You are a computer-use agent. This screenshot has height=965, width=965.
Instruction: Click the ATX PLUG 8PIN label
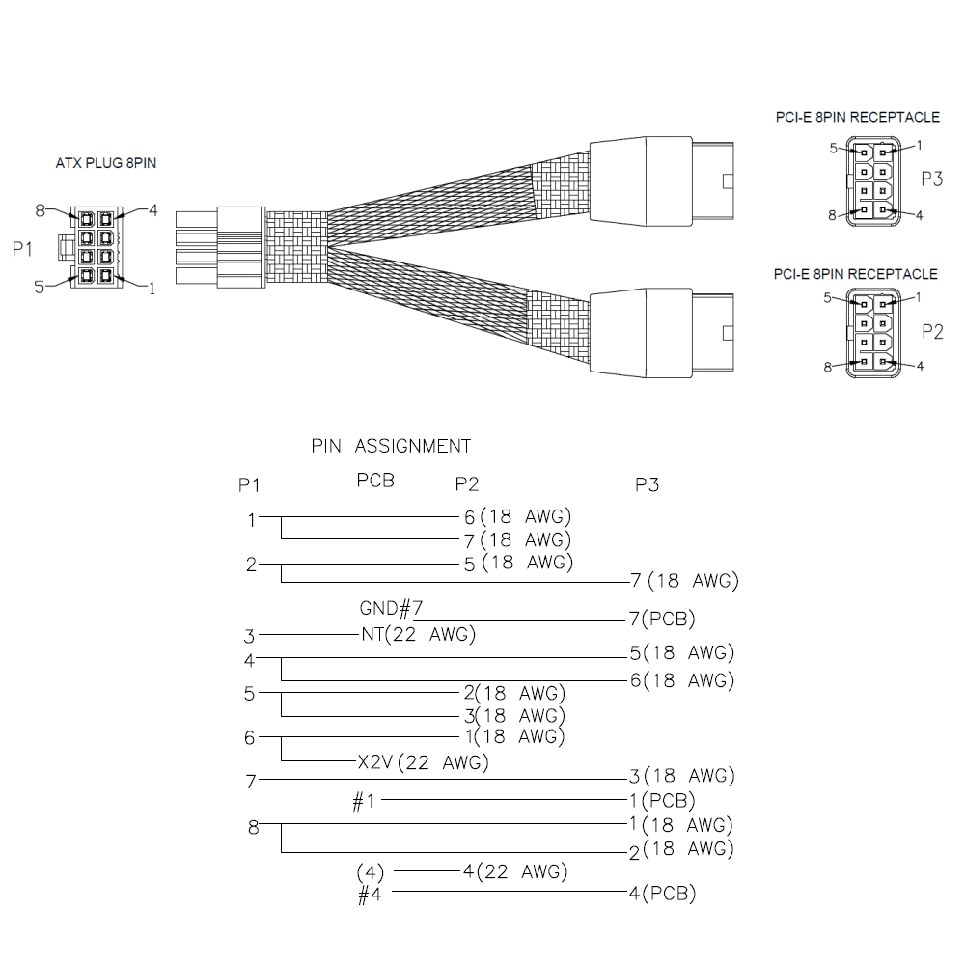[106, 163]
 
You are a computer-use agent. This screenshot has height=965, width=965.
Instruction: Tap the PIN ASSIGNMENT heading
[391, 446]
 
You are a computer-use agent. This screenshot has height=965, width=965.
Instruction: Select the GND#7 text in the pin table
[391, 608]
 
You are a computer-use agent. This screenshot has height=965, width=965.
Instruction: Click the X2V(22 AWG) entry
[424, 762]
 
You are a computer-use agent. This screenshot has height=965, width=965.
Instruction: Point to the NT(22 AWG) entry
[419, 634]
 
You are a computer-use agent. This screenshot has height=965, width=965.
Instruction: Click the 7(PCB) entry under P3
[662, 619]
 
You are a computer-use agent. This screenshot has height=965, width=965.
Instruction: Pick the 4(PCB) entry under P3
[662, 893]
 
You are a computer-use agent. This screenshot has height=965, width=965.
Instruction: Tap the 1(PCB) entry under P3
[662, 800]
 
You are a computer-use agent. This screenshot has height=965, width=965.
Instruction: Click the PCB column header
[375, 480]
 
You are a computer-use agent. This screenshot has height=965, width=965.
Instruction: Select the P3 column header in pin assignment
[647, 485]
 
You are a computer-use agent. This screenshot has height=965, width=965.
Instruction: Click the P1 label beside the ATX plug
[22, 249]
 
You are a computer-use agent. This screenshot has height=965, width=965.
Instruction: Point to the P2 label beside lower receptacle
[932, 332]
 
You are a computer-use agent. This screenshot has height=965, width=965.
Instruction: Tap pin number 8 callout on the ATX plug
[40, 211]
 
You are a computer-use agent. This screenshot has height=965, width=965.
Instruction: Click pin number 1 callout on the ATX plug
[152, 288]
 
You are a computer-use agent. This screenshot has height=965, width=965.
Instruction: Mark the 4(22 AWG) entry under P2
[515, 871]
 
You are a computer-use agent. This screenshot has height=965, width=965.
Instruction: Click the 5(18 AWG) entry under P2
[518, 563]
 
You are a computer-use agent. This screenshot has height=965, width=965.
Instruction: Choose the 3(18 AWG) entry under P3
[682, 776]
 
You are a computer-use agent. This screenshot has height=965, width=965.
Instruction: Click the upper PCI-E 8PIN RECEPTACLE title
[858, 117]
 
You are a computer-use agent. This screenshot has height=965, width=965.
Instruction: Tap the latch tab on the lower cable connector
[728, 333]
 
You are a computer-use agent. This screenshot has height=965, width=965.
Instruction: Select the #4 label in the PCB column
[370, 895]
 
